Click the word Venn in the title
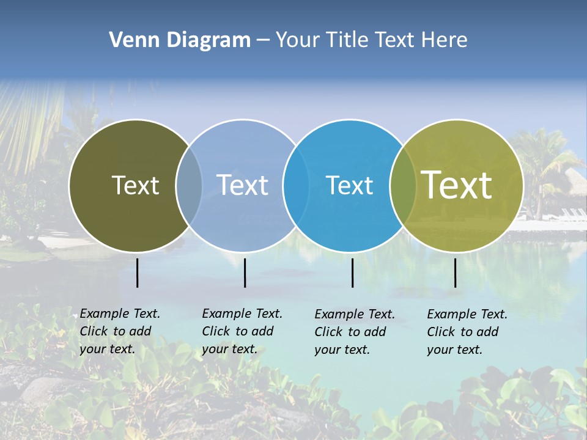click(x=130, y=40)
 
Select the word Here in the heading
click(x=445, y=40)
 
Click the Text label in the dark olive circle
click(x=135, y=185)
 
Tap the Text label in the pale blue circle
click(x=243, y=185)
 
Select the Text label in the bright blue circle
click(x=350, y=185)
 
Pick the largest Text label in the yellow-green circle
click(x=457, y=185)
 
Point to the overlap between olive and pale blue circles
click(x=189, y=185)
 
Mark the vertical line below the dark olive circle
click(x=137, y=273)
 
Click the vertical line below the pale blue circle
click(x=245, y=273)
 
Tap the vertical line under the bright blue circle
click(x=352, y=273)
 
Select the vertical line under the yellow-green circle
click(x=455, y=273)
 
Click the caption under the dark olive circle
click(x=120, y=331)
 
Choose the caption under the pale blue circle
click(x=242, y=331)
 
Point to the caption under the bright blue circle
click(x=355, y=332)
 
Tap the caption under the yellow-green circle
click(x=467, y=332)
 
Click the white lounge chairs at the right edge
click(x=573, y=214)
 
